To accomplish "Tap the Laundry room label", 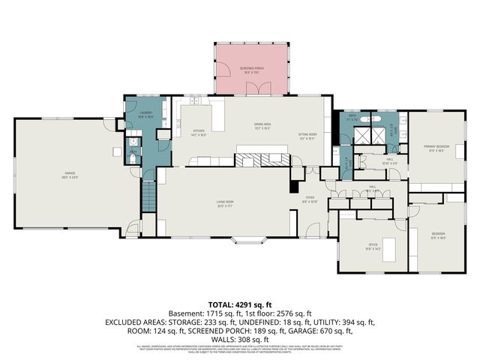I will click(x=145, y=116).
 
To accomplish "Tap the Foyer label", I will click(x=309, y=199).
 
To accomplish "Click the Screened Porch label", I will click(x=251, y=69).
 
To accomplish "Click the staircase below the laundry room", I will click(x=148, y=196).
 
